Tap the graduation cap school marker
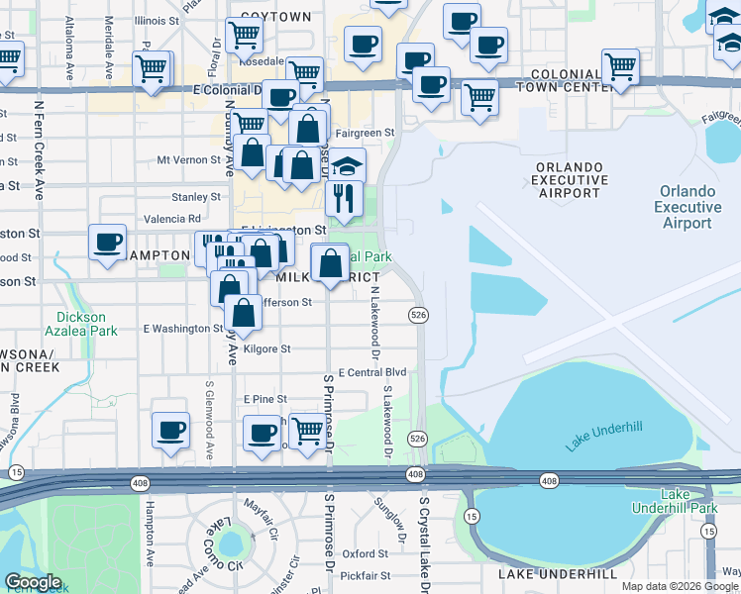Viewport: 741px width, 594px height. pyautogui.click(x=347, y=165)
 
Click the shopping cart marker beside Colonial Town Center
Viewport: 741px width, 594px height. pyautogui.click(x=620, y=67)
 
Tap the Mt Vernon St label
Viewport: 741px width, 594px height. pyautogui.click(x=188, y=159)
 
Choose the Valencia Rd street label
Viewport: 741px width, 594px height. pyautogui.click(x=172, y=219)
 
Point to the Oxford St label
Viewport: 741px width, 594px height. pyautogui.click(x=365, y=554)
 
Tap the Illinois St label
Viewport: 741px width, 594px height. pyautogui.click(x=159, y=20)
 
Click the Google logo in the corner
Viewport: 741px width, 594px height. pyautogui.click(x=33, y=582)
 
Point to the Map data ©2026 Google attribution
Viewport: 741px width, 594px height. pyautogui.click(x=681, y=586)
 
